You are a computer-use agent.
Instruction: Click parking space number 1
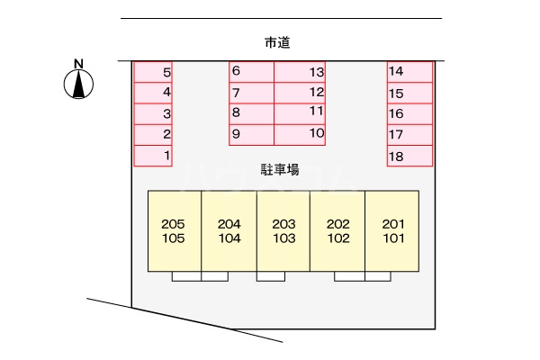pos(153,156)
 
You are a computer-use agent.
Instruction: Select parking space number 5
pos(153,72)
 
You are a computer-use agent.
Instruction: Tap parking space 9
pos(251,135)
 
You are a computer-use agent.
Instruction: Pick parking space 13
pos(300,72)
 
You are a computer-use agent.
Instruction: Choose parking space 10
pos(300,135)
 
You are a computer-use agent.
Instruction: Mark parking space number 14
pos(409,72)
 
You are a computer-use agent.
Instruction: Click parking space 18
pos(409,156)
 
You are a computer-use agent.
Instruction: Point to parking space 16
pos(409,113)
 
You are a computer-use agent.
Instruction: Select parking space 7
pos(251,93)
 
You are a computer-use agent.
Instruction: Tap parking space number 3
pos(153,113)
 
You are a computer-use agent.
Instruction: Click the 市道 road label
pos(277,42)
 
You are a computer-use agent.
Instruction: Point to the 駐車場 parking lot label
pos(280,170)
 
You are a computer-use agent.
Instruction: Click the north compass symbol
pos(78,84)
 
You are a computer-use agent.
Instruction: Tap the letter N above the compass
pos(79,64)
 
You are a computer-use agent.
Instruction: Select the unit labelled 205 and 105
pos(175,230)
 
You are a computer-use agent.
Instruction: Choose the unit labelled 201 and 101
pos(391,230)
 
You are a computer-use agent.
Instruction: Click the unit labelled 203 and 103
pos(283,230)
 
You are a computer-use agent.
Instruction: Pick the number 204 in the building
pos(229,224)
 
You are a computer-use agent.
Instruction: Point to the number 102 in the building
pos(338,238)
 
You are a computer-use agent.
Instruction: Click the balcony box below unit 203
pos(271,276)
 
